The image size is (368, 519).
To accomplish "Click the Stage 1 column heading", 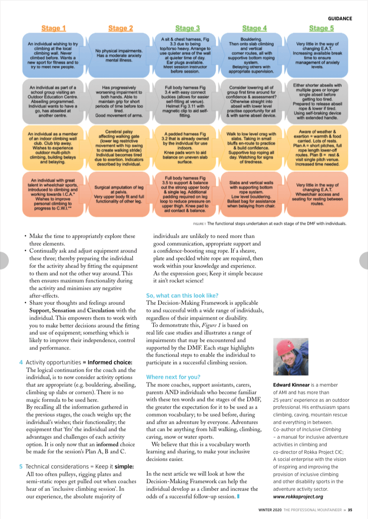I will point(54,28).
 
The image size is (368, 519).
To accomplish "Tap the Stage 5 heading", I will point(319,28).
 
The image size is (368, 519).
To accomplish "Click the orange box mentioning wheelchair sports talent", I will point(54,194).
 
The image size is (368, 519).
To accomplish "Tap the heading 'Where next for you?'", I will point(173,377).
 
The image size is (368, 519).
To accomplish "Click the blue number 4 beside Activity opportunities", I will point(21,362).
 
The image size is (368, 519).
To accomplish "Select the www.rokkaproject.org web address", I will point(298,496).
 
